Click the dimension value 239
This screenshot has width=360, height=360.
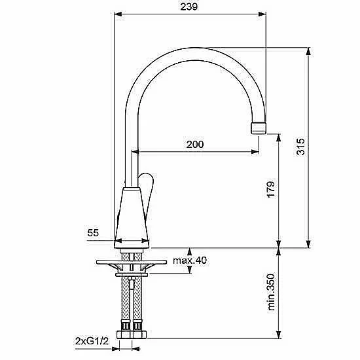point(189,7)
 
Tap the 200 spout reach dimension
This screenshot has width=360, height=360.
point(195,145)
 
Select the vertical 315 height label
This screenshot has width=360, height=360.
point(300,147)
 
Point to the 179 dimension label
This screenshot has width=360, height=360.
point(271,189)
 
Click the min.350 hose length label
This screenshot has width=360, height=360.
point(271,291)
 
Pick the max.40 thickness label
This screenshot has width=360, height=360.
point(190,261)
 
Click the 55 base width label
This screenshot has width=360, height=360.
point(93,233)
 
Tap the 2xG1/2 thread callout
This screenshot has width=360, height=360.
point(92,342)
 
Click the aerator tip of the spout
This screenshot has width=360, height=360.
point(259,128)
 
